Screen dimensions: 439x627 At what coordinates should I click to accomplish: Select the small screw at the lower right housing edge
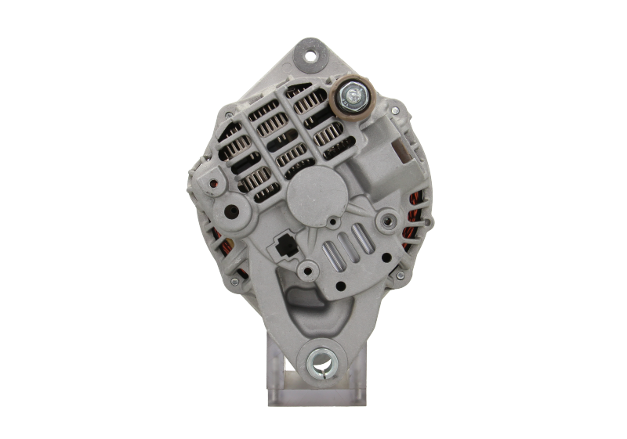400,275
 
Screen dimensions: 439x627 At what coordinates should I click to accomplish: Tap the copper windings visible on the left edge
214,235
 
